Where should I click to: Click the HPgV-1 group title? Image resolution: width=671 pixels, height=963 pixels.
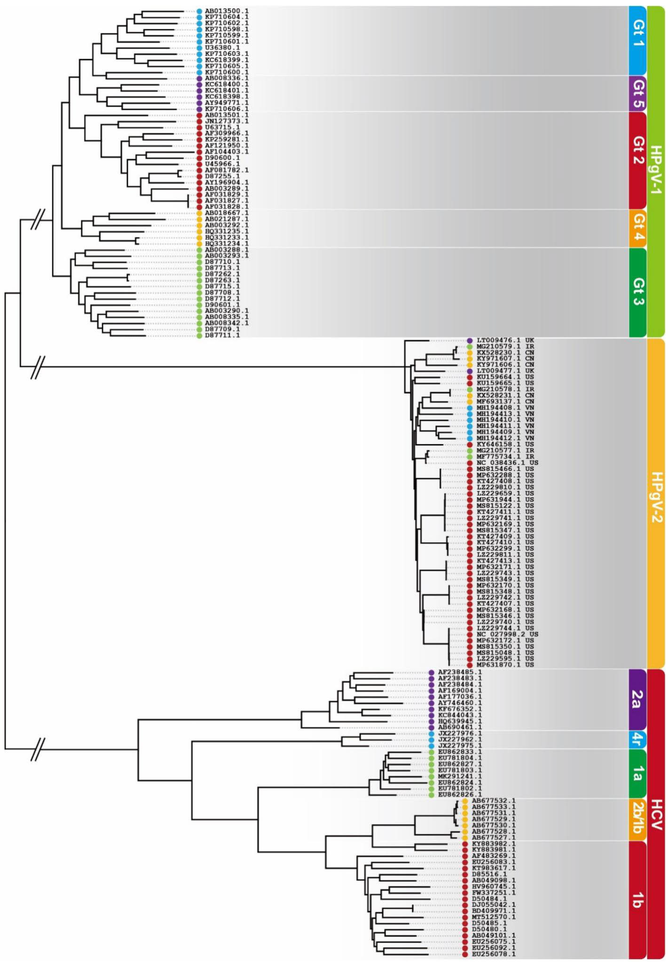[656, 171]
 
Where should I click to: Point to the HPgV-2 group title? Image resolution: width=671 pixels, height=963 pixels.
[656, 503]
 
